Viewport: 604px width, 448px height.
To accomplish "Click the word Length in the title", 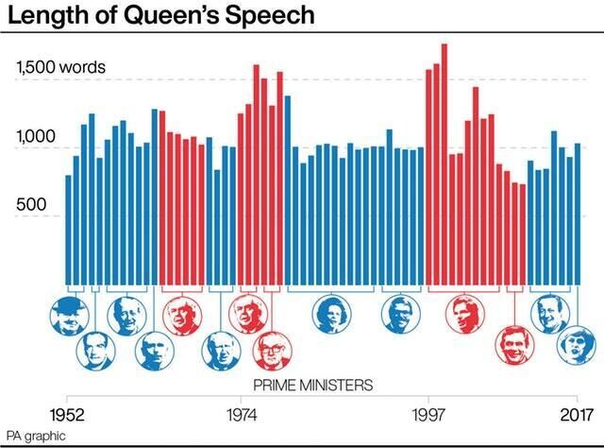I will (x=43, y=16).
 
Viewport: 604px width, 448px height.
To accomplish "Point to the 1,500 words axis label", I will (x=60, y=69).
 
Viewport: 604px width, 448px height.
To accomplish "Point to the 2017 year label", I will (x=576, y=413).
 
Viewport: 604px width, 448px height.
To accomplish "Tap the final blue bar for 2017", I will (x=578, y=214).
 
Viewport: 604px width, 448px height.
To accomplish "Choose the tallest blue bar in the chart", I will (x=288, y=190).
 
